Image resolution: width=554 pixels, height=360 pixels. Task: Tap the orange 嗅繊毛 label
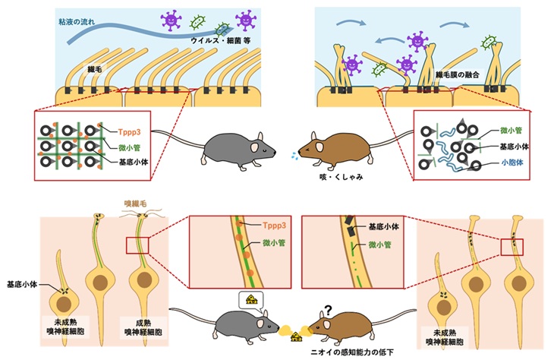click(x=137, y=204)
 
